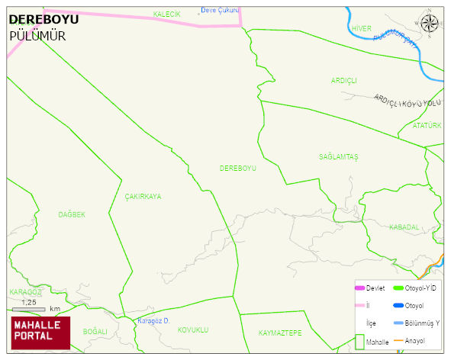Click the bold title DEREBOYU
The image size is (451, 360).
pos(43,21)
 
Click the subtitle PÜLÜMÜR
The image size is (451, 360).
pos(37,36)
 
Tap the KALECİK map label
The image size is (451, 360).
pos(166,14)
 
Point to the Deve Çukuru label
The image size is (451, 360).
pos(220,11)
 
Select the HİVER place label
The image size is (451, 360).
pos(361,28)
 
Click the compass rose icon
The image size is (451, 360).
pos(430,24)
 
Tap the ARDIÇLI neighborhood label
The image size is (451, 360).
pos(343,80)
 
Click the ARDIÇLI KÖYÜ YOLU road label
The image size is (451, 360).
pos(408,101)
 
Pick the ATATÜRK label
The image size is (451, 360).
pos(427,125)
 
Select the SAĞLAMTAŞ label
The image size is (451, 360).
pos(338,156)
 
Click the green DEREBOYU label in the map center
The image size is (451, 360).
pos(237,168)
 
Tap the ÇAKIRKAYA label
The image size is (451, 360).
pos(143,196)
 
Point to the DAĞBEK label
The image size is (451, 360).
pos(72,215)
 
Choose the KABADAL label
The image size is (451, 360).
pos(404,227)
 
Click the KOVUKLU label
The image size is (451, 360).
pos(192,329)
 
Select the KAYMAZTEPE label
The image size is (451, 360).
pos(280,333)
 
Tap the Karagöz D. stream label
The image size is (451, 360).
pos(153,320)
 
